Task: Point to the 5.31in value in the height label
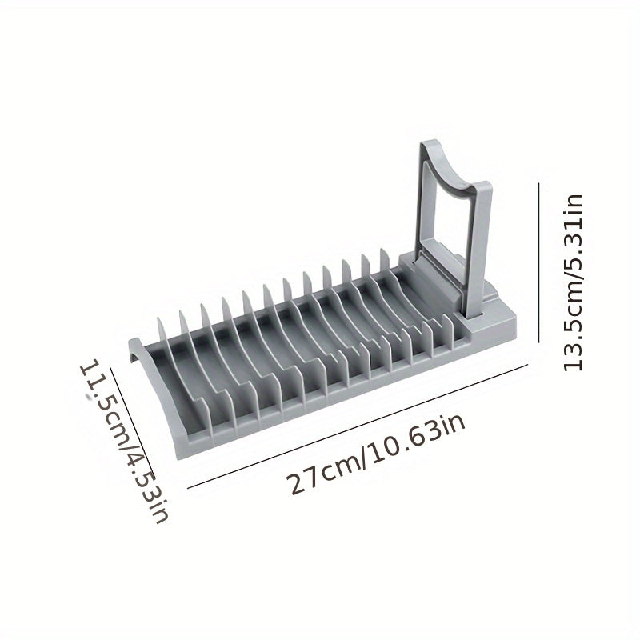(x=573, y=232)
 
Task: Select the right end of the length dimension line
(x=530, y=367)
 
